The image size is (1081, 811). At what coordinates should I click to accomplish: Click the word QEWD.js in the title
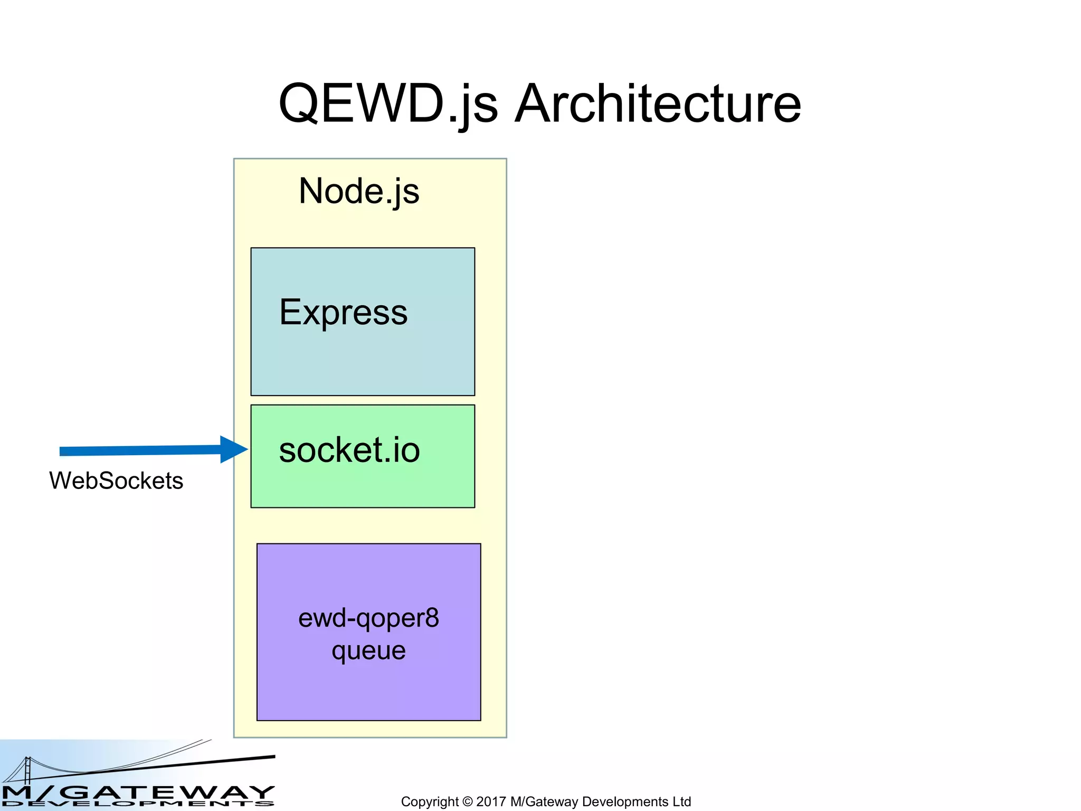tap(388, 103)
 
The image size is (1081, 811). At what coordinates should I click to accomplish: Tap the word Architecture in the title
tap(658, 103)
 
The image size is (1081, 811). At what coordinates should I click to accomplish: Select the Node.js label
tap(359, 191)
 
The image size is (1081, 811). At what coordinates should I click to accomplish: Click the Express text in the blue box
tap(343, 312)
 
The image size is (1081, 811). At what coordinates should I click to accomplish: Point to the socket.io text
tap(349, 450)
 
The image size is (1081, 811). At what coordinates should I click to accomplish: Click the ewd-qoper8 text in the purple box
tap(368, 618)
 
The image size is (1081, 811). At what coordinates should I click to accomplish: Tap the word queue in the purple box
tap(368, 650)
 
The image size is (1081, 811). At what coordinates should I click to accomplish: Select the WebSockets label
tap(116, 480)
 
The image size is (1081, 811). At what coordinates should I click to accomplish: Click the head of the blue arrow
tap(232, 449)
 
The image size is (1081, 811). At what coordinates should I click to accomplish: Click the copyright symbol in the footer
tap(468, 801)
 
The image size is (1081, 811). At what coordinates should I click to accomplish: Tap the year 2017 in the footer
tap(491, 801)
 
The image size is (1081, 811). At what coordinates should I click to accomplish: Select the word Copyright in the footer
tap(430, 801)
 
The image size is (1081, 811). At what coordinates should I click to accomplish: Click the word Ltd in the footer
tap(681, 801)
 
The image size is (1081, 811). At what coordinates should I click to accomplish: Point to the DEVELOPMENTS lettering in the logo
tap(137, 804)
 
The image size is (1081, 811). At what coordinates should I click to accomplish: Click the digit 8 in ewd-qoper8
tap(432, 618)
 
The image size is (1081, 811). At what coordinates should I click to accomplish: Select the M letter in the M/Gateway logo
tap(16, 792)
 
